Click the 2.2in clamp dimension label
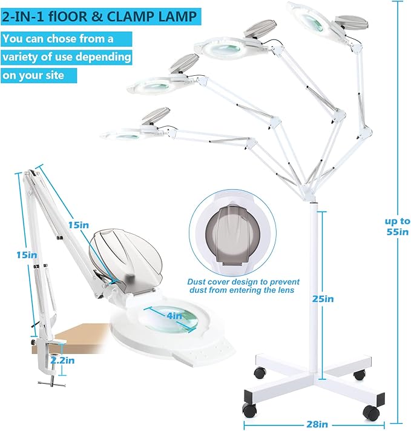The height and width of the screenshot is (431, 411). [62, 360]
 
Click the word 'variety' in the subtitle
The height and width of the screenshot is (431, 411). [24, 58]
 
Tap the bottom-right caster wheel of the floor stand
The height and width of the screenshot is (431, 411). [370, 413]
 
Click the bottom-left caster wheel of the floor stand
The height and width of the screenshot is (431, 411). [249, 409]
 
